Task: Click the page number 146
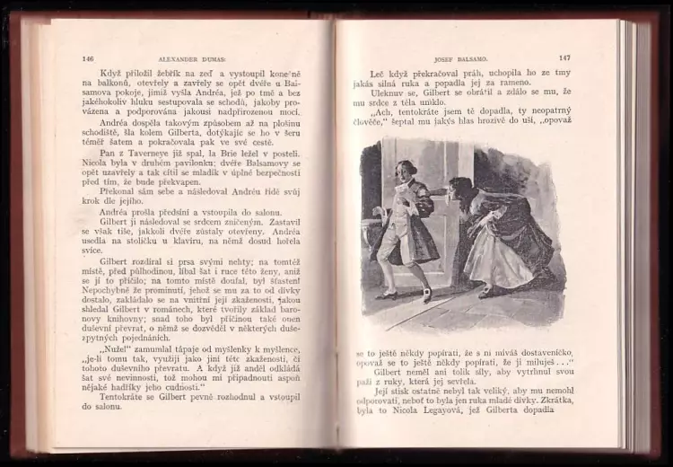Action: click(x=87, y=59)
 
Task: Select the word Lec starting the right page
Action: click(x=377, y=72)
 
